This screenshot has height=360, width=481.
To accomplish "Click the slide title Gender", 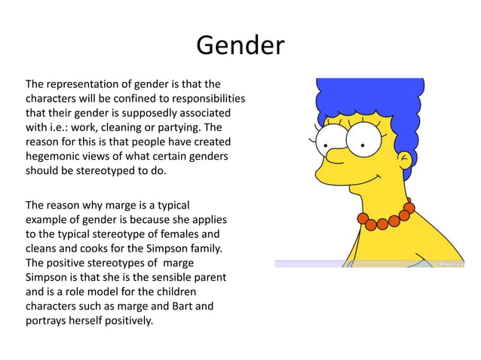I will click(x=240, y=46).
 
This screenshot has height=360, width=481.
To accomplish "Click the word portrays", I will click(x=47, y=320).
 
